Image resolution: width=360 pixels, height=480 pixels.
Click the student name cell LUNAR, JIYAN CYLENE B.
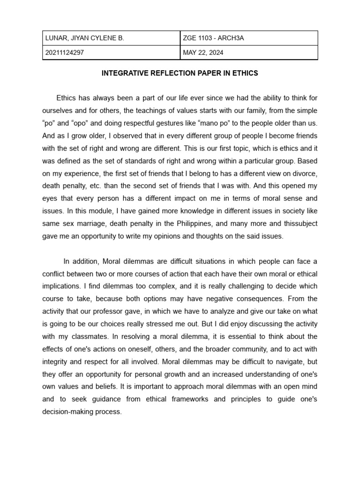point(84,38)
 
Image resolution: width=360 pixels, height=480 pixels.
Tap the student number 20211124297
point(65,52)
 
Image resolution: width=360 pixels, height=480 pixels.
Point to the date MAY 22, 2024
point(203,52)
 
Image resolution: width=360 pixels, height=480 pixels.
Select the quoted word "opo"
point(80,123)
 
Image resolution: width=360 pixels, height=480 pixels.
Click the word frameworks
point(187,399)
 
